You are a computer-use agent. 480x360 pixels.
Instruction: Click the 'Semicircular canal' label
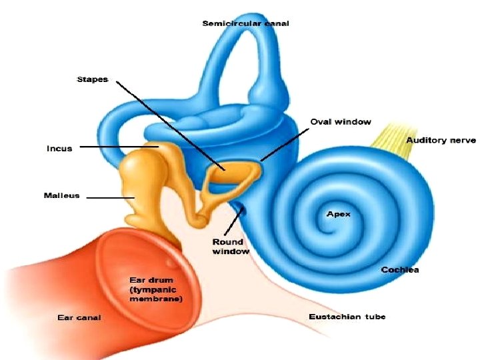coord(245,24)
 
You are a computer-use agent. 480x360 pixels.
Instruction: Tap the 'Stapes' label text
coord(93,79)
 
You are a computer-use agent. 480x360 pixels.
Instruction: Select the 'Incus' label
coord(59,148)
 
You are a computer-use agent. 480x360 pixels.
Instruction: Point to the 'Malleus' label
coord(61,195)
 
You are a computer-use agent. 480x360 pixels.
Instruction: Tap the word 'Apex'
coord(338,214)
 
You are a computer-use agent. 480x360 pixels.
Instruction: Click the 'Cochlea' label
coord(400,269)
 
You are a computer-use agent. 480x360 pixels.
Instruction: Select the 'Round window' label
coord(228,247)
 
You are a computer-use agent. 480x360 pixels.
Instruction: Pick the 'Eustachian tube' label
coord(347,316)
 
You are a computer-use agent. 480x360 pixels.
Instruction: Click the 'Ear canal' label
coord(79,317)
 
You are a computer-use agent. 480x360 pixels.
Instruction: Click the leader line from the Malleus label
coord(109,198)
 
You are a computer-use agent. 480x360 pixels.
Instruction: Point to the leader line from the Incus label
coord(117,147)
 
